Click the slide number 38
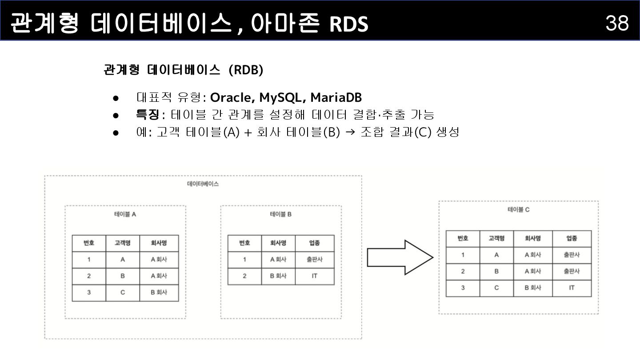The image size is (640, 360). pos(617,22)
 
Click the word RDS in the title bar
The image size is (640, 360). pos(349,24)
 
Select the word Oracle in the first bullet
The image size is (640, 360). pos(230,97)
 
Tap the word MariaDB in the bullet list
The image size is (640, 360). pos(336,97)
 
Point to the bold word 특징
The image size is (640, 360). pos(147,115)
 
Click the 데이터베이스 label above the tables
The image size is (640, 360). pos(203,184)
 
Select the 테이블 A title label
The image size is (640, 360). pos(125,214)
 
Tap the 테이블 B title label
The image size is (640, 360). pos(281,214)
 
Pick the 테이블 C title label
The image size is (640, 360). pos(518,209)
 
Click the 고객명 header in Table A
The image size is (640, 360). pos(123,243)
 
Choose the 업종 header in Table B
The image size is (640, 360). pos(314,243)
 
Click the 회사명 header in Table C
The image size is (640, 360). pos(532,238)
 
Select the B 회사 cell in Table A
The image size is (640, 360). pos(159,292)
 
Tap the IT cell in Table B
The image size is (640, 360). pos(314,276)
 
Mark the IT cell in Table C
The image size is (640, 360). pos(572,288)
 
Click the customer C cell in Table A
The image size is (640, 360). pos(123,292)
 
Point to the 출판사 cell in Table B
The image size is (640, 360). pos(314,260)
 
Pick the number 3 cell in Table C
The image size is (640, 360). pos(463,288)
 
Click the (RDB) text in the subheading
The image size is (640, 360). pos(246,70)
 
